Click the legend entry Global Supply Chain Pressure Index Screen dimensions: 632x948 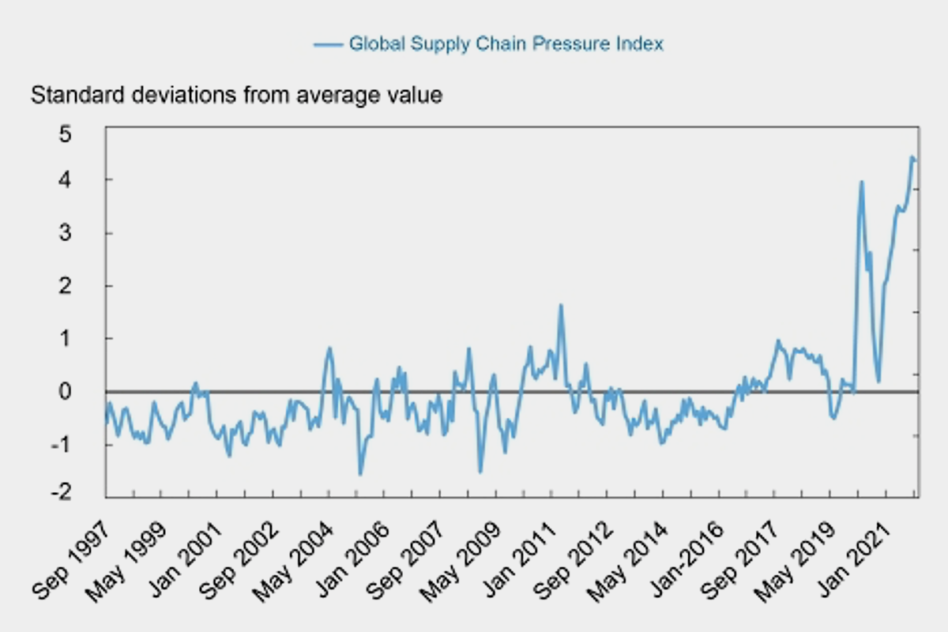tap(506, 43)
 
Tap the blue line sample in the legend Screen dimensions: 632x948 tap(328, 44)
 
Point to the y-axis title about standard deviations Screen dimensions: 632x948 tap(236, 96)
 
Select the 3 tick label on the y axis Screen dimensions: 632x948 tap(88, 234)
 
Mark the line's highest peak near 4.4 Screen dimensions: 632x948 tap(912, 158)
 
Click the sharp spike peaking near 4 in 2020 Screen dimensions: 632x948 tap(861, 182)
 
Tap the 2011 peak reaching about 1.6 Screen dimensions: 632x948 tap(560, 306)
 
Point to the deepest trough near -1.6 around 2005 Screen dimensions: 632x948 tap(360, 474)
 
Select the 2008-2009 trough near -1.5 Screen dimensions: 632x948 tap(480, 472)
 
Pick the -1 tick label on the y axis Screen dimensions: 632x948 tap(84, 445)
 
